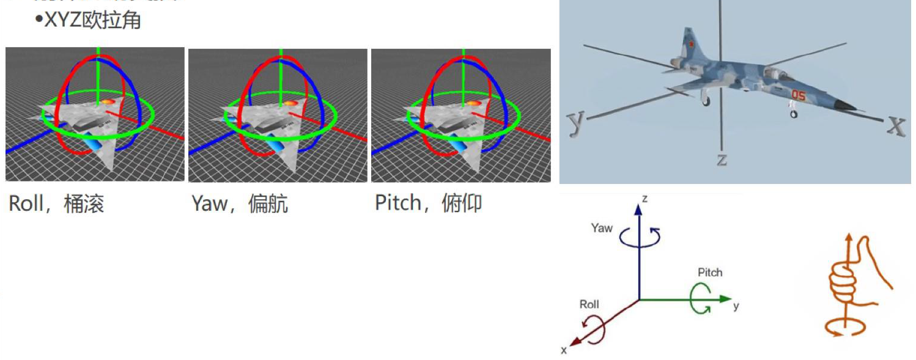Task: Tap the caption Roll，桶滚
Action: [56, 203]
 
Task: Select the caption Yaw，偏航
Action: [239, 204]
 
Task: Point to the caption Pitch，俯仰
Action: [428, 202]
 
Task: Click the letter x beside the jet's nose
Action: [896, 125]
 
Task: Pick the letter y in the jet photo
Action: [575, 122]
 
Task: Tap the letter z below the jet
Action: [722, 159]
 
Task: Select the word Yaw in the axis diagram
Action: [602, 228]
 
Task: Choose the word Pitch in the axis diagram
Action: [709, 272]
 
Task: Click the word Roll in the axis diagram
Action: [589, 304]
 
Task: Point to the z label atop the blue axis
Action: [645, 199]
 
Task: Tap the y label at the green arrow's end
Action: [736, 306]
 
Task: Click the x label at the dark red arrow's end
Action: [564, 350]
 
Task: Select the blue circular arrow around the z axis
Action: [640, 237]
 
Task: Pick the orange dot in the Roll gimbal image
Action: [107, 103]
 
